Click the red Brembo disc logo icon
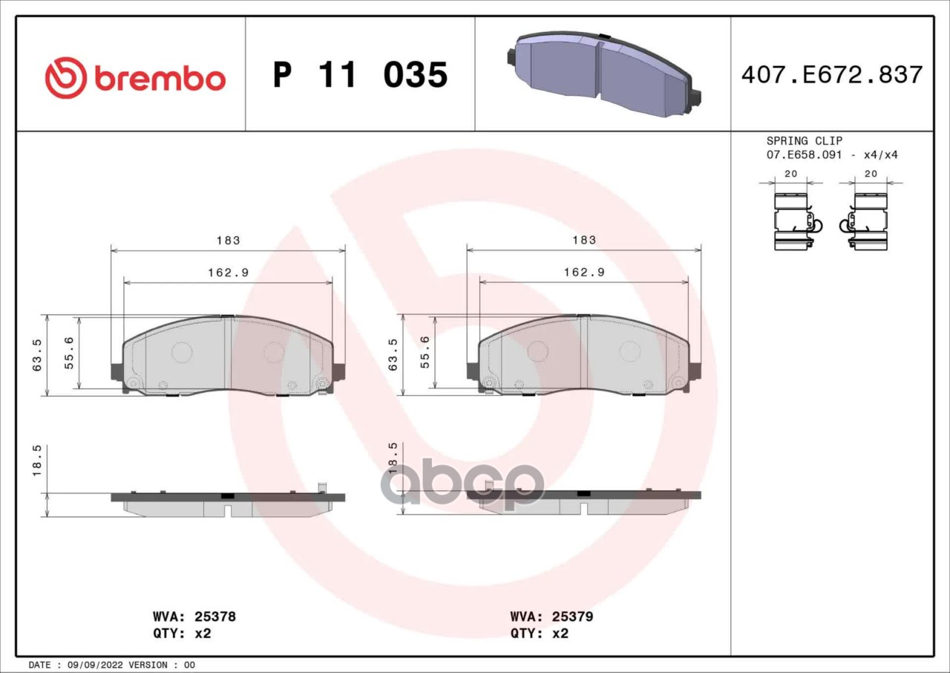point(66,78)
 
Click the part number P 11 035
point(360,75)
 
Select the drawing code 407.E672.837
point(832,75)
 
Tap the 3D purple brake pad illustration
point(603,74)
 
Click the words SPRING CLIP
point(804,141)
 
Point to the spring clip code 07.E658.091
point(804,155)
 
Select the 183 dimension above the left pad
point(228,241)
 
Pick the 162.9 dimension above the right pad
point(584,273)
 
